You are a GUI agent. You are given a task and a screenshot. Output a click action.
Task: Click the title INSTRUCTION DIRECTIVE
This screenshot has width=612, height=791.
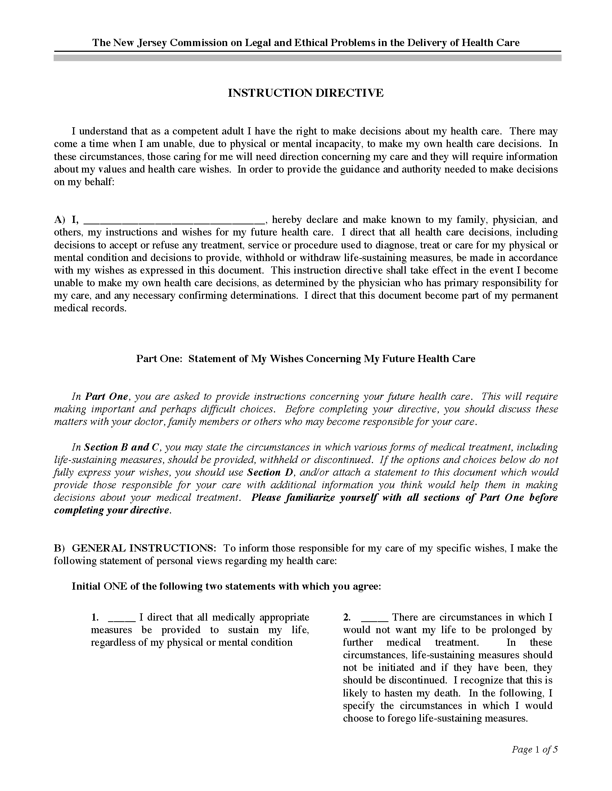[305, 93]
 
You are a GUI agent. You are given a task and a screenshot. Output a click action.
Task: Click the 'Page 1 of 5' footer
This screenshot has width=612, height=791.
[534, 749]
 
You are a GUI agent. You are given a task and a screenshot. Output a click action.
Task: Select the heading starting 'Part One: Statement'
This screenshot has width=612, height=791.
[305, 358]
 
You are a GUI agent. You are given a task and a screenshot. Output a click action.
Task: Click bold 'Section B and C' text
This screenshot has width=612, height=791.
[122, 447]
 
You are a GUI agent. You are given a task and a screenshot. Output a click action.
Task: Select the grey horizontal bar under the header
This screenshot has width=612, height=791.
[307, 58]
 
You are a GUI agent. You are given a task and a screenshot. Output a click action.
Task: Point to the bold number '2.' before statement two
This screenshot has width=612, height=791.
[347, 617]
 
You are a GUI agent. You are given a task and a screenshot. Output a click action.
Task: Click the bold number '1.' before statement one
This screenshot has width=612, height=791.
[95, 617]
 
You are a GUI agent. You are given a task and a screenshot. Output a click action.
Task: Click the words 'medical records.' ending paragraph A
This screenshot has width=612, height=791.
[90, 308]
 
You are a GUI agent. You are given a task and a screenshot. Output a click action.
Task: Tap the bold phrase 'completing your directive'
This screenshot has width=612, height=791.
[111, 510]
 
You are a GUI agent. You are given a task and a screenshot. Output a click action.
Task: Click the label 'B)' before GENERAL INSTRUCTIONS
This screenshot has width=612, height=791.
[59, 548]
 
